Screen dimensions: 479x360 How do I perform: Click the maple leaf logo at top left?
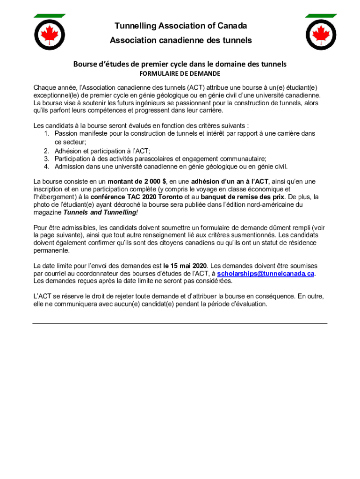[x=50, y=34]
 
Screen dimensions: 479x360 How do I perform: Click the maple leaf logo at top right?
[x=321, y=34]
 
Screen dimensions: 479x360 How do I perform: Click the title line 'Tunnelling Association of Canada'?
[x=180, y=26]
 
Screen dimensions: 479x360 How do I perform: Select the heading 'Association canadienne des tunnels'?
[x=180, y=41]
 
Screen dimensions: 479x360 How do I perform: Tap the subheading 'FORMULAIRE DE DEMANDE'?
[x=180, y=74]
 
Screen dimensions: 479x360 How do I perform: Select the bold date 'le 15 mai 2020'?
[x=185, y=266]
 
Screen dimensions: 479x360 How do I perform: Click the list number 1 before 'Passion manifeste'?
[x=47, y=134]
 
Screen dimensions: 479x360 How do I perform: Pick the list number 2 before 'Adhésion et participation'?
[x=47, y=151]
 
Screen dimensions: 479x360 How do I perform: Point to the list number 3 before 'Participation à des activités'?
[x=47, y=159]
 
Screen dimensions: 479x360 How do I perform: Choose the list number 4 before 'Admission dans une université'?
[x=47, y=167]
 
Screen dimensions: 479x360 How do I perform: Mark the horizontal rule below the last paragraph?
[x=180, y=323]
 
